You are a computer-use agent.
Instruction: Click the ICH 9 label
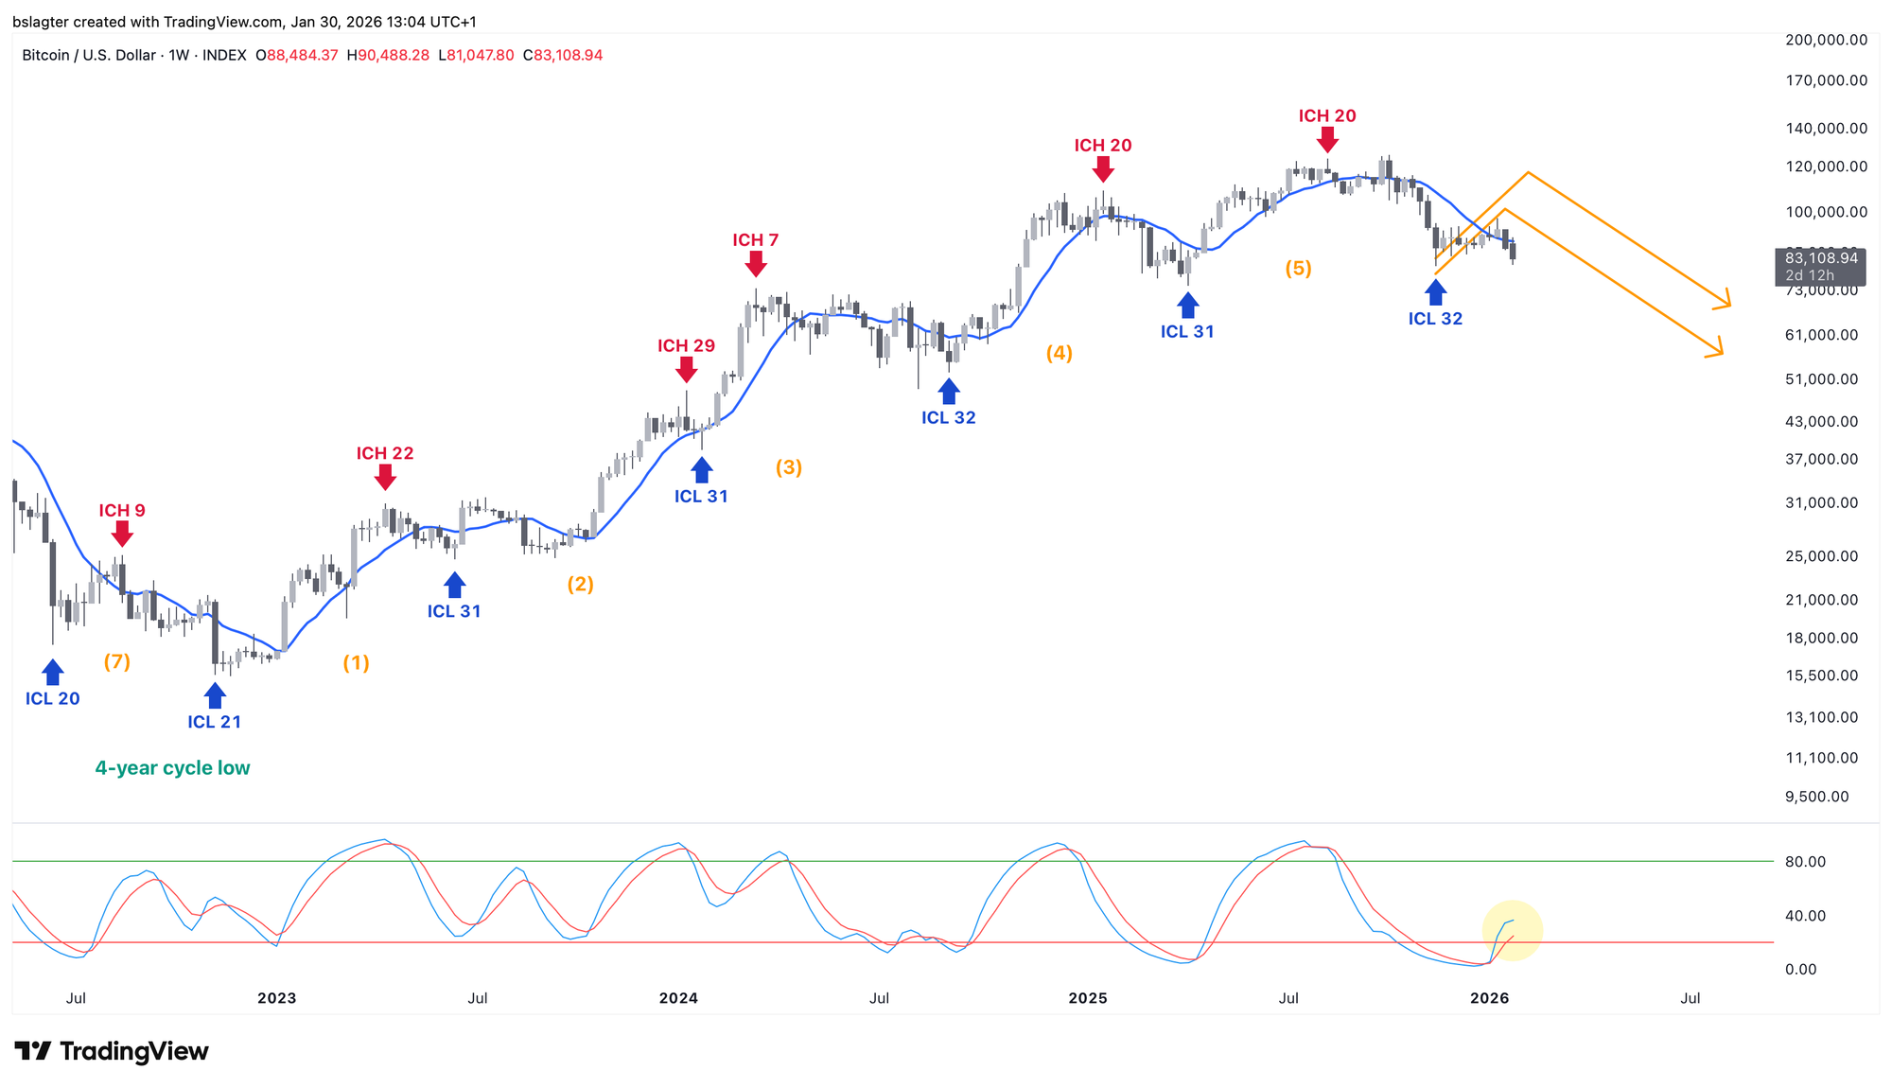coord(122,511)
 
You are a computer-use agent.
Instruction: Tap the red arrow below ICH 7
coord(755,265)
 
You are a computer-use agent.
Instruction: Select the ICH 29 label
coord(686,346)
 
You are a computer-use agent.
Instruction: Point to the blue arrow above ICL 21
coord(215,695)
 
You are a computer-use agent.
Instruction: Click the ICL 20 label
coord(53,699)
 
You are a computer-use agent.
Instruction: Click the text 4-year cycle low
coord(172,768)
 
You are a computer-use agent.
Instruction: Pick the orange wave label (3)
coord(789,467)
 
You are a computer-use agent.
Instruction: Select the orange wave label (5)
coord(1298,269)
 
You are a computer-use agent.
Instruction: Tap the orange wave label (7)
coord(117,662)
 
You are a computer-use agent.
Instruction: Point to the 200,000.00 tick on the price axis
coord(1826,40)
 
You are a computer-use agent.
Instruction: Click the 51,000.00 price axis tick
coord(1821,379)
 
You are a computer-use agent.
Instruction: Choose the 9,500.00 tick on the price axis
coord(1816,797)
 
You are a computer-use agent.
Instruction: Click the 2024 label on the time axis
coord(678,998)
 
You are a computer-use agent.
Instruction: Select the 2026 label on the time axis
coord(1489,998)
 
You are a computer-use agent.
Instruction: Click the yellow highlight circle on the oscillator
coord(1512,930)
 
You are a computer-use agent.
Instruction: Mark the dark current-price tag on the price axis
coord(1820,266)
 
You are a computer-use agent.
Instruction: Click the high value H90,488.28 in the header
coord(388,56)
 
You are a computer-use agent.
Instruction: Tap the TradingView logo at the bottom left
coord(112,1051)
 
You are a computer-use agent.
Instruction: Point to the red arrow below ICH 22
coord(385,478)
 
